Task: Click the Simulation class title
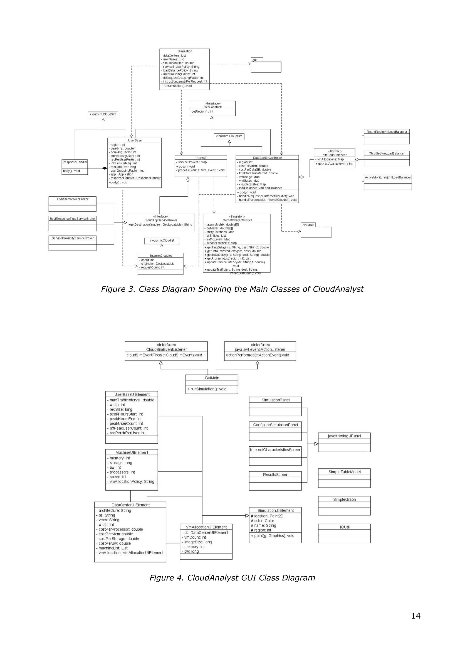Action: [x=185, y=51]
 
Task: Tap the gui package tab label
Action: [x=255, y=60]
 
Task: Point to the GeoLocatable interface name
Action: [x=213, y=107]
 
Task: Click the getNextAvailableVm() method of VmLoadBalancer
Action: [x=334, y=164]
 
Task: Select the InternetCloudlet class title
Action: [x=161, y=256]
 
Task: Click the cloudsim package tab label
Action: [x=308, y=225]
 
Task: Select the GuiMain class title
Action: [x=212, y=378]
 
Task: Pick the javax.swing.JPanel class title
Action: [x=344, y=436]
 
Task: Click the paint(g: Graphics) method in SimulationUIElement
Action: [x=273, y=536]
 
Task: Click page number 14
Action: [x=416, y=616]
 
